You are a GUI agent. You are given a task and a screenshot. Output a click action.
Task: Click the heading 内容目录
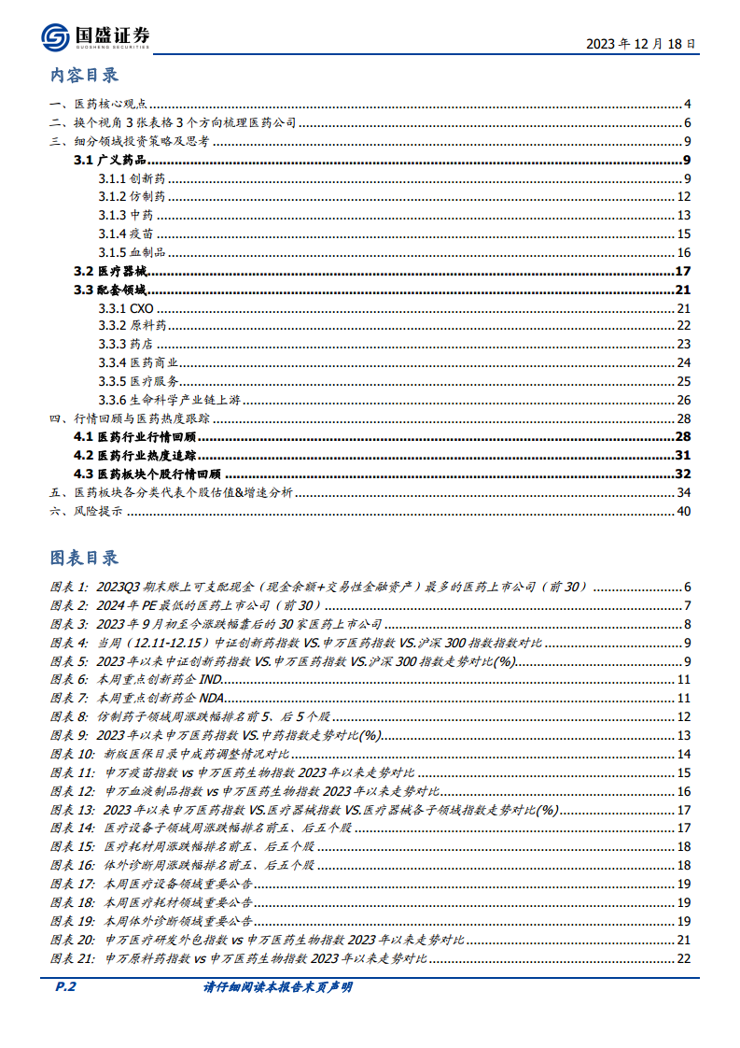84,76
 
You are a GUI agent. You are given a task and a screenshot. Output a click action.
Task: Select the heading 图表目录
84,558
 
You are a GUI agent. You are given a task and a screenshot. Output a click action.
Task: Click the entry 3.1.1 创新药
133,179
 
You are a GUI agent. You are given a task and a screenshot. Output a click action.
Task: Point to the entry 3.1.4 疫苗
127,234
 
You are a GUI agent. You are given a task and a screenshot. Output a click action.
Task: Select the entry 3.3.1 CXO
125,308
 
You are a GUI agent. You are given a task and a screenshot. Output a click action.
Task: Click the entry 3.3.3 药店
127,345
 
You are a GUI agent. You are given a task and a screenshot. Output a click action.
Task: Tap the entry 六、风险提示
86,511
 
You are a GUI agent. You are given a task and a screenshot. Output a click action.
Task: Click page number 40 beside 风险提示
682,511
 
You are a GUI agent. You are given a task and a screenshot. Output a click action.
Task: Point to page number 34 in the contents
682,492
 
